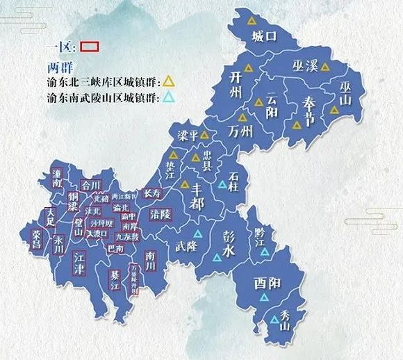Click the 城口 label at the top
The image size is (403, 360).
pos(264,35)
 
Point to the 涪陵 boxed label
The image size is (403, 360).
pos(161,215)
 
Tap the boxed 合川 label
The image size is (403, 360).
pos(91,186)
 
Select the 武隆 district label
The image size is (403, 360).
pos(186,245)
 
